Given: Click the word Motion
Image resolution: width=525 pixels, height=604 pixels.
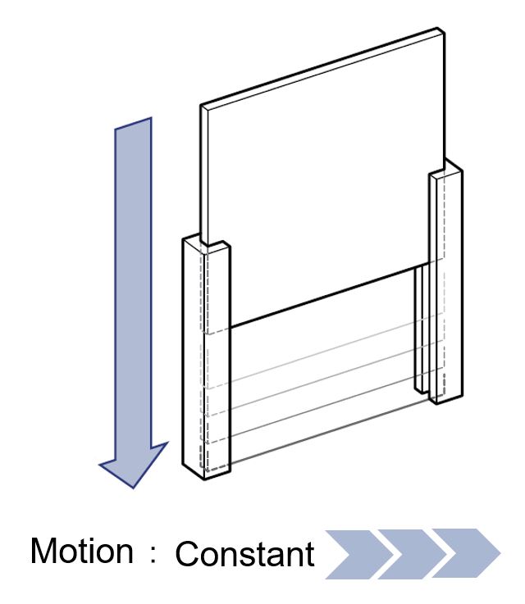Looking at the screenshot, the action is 82,551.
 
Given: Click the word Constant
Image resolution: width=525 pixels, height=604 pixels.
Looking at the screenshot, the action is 245,553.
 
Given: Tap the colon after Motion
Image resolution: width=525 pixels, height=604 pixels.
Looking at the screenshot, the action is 153,554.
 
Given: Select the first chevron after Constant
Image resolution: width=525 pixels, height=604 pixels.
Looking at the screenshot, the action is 359,554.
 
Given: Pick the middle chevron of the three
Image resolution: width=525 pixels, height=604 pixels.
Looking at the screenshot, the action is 413,554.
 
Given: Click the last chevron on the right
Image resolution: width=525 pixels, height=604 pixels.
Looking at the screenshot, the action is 466,554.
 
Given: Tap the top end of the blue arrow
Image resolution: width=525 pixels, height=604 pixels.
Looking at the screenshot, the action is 133,123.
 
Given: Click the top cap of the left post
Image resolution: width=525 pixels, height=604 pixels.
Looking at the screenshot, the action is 206,244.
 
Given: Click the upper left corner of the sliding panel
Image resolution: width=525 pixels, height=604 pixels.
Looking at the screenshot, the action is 201,106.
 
